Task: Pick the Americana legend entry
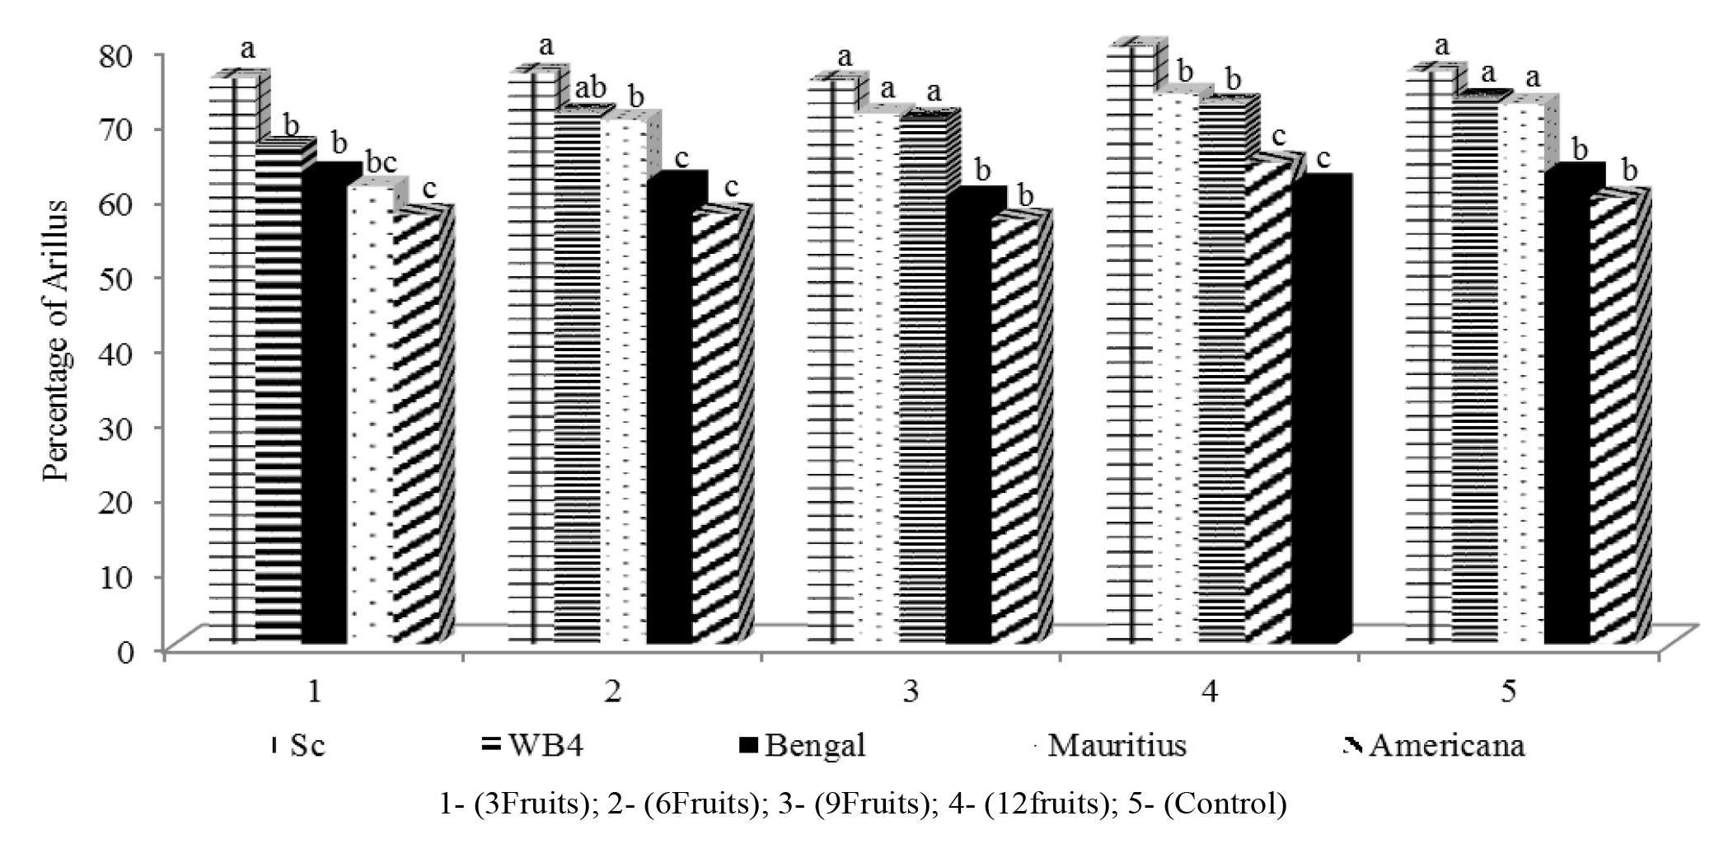coord(1434,745)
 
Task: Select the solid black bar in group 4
coord(1314,412)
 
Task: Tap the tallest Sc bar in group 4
coord(1130,346)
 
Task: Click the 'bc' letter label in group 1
coord(381,163)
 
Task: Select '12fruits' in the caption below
coord(1046,804)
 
